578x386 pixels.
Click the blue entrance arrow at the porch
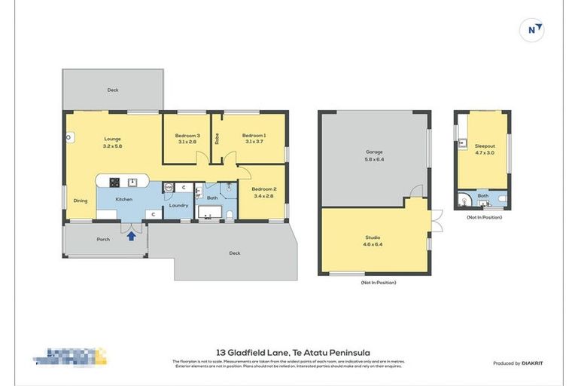click(132, 236)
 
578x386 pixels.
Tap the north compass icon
click(532, 29)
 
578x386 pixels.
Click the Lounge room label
click(112, 139)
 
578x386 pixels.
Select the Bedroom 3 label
click(188, 135)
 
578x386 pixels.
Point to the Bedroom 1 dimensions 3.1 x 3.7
click(254, 142)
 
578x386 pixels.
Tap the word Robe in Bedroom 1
click(218, 139)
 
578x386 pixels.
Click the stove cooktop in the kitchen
click(115, 182)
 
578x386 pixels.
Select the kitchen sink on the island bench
click(134, 182)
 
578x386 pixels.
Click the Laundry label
click(178, 205)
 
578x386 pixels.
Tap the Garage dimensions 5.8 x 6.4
click(374, 159)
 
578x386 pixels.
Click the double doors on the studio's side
click(435, 220)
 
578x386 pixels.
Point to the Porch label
click(103, 239)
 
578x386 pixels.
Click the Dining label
click(80, 200)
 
